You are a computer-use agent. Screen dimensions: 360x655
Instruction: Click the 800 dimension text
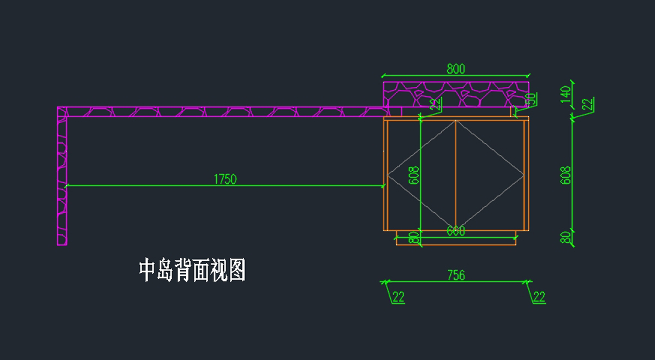(x=456, y=69)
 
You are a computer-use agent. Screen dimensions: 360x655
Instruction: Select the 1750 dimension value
(x=225, y=179)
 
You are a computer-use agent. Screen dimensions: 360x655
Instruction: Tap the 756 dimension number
(x=456, y=275)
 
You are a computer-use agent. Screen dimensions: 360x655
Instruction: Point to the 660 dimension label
(x=456, y=231)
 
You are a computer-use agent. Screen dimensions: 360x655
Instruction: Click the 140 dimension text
(x=566, y=93)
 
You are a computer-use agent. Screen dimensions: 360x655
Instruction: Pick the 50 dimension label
(x=530, y=100)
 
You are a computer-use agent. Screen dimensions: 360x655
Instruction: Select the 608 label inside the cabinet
(x=414, y=175)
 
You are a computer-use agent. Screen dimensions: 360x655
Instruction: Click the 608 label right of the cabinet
(x=566, y=175)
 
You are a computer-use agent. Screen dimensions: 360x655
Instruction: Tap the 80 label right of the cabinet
(x=566, y=238)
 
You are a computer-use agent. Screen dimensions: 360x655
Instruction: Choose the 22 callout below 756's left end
(x=398, y=297)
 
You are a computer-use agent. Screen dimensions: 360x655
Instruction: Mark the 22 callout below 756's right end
(x=539, y=297)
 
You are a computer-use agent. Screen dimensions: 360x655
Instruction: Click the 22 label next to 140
(x=587, y=104)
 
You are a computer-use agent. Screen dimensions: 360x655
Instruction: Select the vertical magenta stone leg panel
(x=62, y=180)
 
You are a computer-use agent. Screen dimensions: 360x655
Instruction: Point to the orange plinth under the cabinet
(x=456, y=241)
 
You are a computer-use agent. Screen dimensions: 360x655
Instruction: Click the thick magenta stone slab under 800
(x=456, y=94)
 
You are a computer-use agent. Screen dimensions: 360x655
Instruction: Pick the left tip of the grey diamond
(x=388, y=175)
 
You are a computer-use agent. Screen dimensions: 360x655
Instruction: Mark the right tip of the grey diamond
(x=523, y=175)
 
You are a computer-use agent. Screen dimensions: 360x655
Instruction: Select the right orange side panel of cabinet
(x=527, y=175)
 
